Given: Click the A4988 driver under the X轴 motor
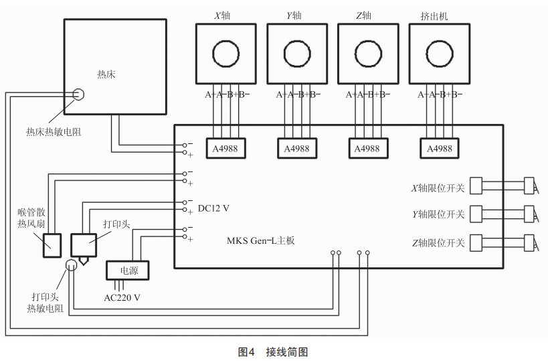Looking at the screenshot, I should [225, 148].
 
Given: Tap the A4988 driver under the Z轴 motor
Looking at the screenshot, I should [368, 148].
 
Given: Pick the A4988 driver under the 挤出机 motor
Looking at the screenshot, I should [439, 148].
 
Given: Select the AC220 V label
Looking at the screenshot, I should [122, 297].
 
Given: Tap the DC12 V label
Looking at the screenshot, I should [213, 208].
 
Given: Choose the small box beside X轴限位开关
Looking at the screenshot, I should [477, 186].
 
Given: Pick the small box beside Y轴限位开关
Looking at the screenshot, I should [477, 214].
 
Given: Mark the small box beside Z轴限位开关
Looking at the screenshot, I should [477, 242].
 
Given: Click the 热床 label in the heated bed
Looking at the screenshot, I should [106, 74].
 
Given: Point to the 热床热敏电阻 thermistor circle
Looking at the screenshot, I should [78, 94].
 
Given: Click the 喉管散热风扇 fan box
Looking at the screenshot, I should [52, 245].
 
